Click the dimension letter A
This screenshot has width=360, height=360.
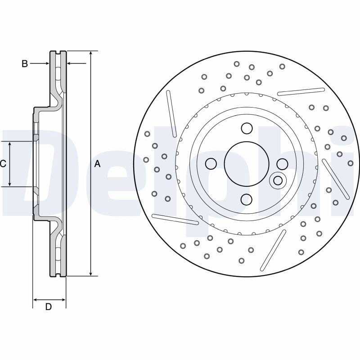tap(98, 164)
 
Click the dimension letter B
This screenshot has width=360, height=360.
tap(25, 63)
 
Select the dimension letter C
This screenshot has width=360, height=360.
tap(3, 164)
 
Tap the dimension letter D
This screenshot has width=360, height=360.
tap(48, 306)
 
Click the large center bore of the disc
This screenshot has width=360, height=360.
tap(247, 164)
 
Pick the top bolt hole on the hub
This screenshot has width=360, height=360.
tap(247, 128)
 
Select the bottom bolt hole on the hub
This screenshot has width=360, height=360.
tap(247, 199)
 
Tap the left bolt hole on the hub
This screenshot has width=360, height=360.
tap(211, 164)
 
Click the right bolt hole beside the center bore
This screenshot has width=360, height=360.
tap(283, 164)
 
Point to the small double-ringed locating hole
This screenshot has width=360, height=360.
tap(278, 180)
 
